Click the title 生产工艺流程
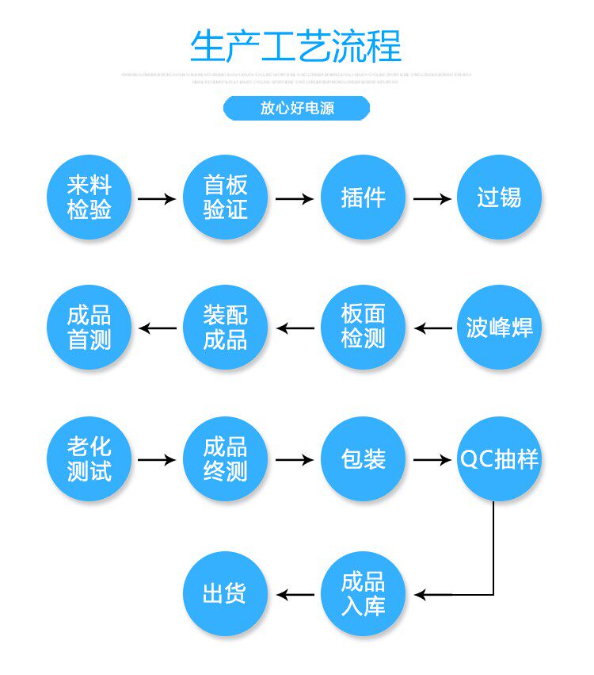coord(296,46)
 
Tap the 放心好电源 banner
coord(296,109)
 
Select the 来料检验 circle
coord(89,198)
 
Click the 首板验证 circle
coord(226,198)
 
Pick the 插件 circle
coord(363,198)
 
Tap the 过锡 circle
coord(499,198)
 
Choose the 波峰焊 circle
coord(499,328)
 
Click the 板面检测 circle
coord(363,328)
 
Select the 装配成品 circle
coord(226,328)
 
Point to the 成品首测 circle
coord(89,328)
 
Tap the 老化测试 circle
coord(89,458)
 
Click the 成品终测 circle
coord(226,458)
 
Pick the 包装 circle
coord(363,458)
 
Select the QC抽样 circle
coord(499,458)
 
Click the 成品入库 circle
coord(363,594)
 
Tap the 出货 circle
coord(226,594)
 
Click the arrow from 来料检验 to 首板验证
coord(157,198)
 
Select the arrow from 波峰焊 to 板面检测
coord(433,328)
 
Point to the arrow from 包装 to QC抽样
coord(432,459)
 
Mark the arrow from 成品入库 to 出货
coord(295,594)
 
